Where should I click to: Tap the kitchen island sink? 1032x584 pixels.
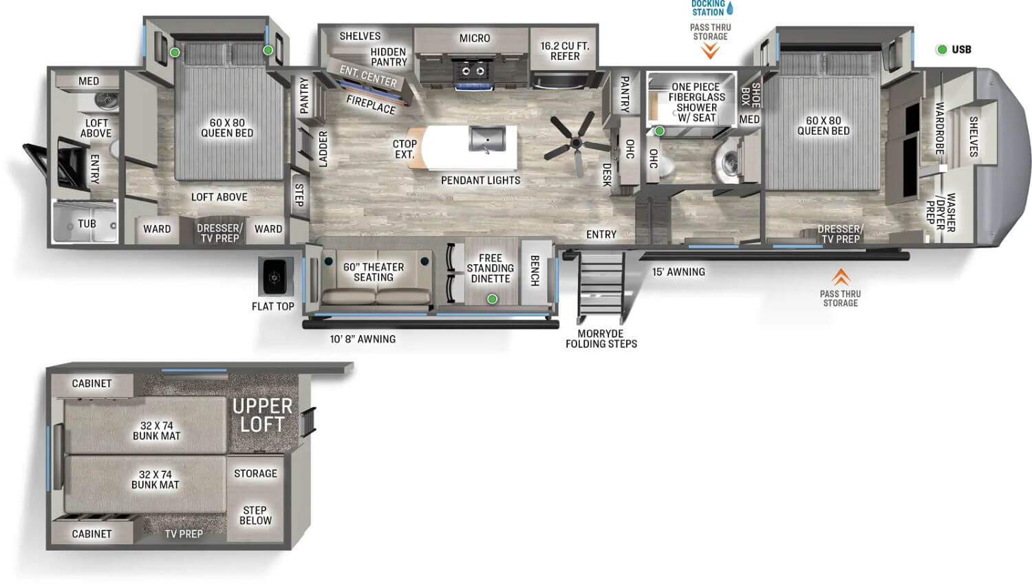(x=487, y=138)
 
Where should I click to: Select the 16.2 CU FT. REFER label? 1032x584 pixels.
(x=565, y=51)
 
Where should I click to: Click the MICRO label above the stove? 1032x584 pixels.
(x=475, y=39)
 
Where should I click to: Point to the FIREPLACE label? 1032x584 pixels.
(x=371, y=105)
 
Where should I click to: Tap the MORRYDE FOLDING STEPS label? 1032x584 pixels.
(x=601, y=338)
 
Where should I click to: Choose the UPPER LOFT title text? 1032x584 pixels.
(x=262, y=415)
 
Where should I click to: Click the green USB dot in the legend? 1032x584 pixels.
(x=941, y=50)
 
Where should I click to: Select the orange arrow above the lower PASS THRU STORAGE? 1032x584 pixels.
(x=840, y=277)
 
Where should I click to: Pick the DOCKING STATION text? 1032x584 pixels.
(x=708, y=8)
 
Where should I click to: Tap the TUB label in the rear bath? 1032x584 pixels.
(x=87, y=224)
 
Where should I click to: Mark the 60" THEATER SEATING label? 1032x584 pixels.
(x=374, y=272)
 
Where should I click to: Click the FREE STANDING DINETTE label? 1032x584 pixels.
(x=490, y=268)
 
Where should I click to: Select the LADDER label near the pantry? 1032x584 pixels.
(x=323, y=149)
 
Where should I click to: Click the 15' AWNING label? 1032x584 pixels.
(x=678, y=272)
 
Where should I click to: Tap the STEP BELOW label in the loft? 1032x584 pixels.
(x=255, y=515)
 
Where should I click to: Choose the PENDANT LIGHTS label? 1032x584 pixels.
(x=480, y=180)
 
